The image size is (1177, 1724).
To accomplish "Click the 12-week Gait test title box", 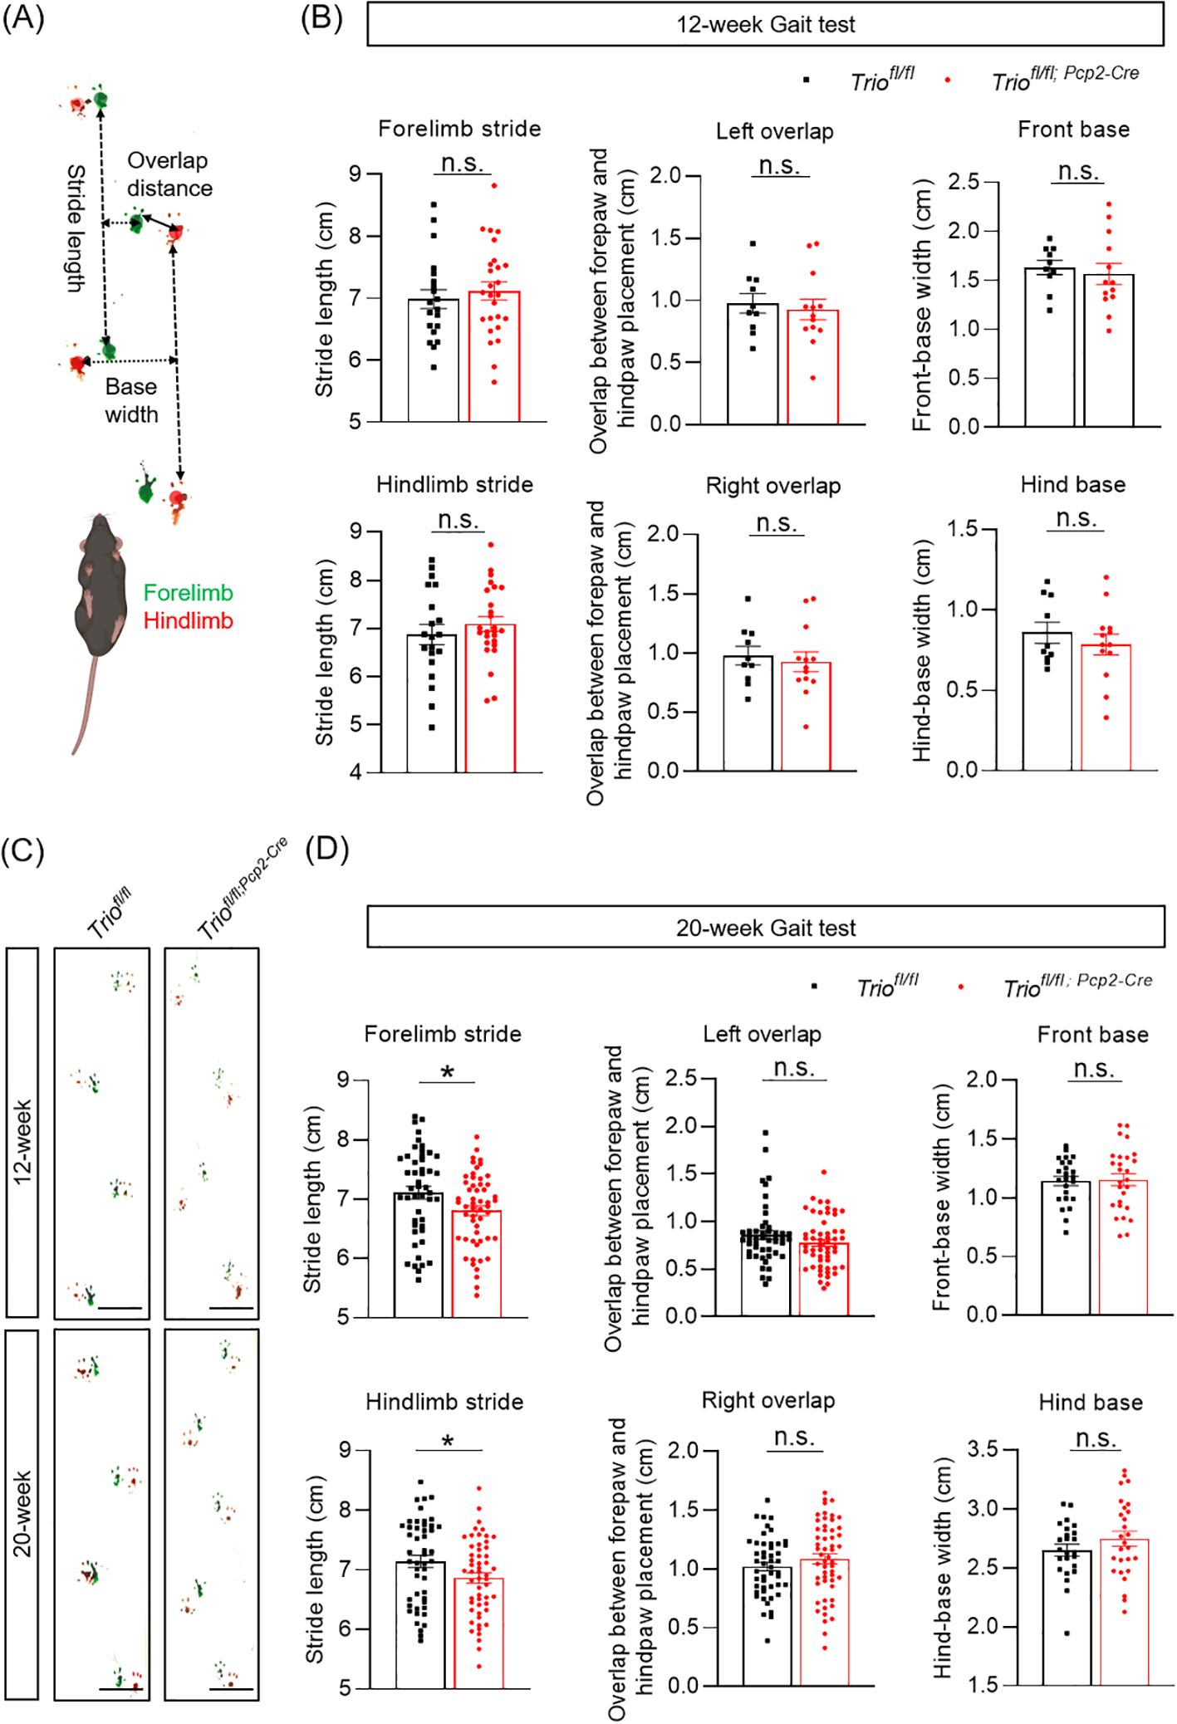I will click(765, 24).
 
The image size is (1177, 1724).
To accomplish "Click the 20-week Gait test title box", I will click(765, 927).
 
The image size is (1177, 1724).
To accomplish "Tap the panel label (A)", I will click(23, 17).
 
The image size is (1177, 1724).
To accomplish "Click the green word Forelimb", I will click(188, 592).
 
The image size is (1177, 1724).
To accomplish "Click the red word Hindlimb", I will click(188, 620).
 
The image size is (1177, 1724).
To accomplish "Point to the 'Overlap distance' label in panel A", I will click(169, 174).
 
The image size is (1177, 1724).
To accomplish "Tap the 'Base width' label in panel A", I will click(131, 400).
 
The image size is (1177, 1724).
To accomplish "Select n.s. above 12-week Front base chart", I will click(1078, 171).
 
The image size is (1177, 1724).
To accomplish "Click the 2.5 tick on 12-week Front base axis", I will click(963, 182).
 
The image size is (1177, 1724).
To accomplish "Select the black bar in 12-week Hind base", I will click(1047, 701).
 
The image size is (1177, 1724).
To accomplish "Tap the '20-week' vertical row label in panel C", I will click(22, 1513).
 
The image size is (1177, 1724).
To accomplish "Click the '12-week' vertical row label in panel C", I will click(22, 1142).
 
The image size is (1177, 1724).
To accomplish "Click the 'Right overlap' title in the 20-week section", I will click(768, 1400).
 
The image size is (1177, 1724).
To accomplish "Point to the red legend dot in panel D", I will click(961, 987).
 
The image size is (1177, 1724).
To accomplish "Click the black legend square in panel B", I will click(806, 81).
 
